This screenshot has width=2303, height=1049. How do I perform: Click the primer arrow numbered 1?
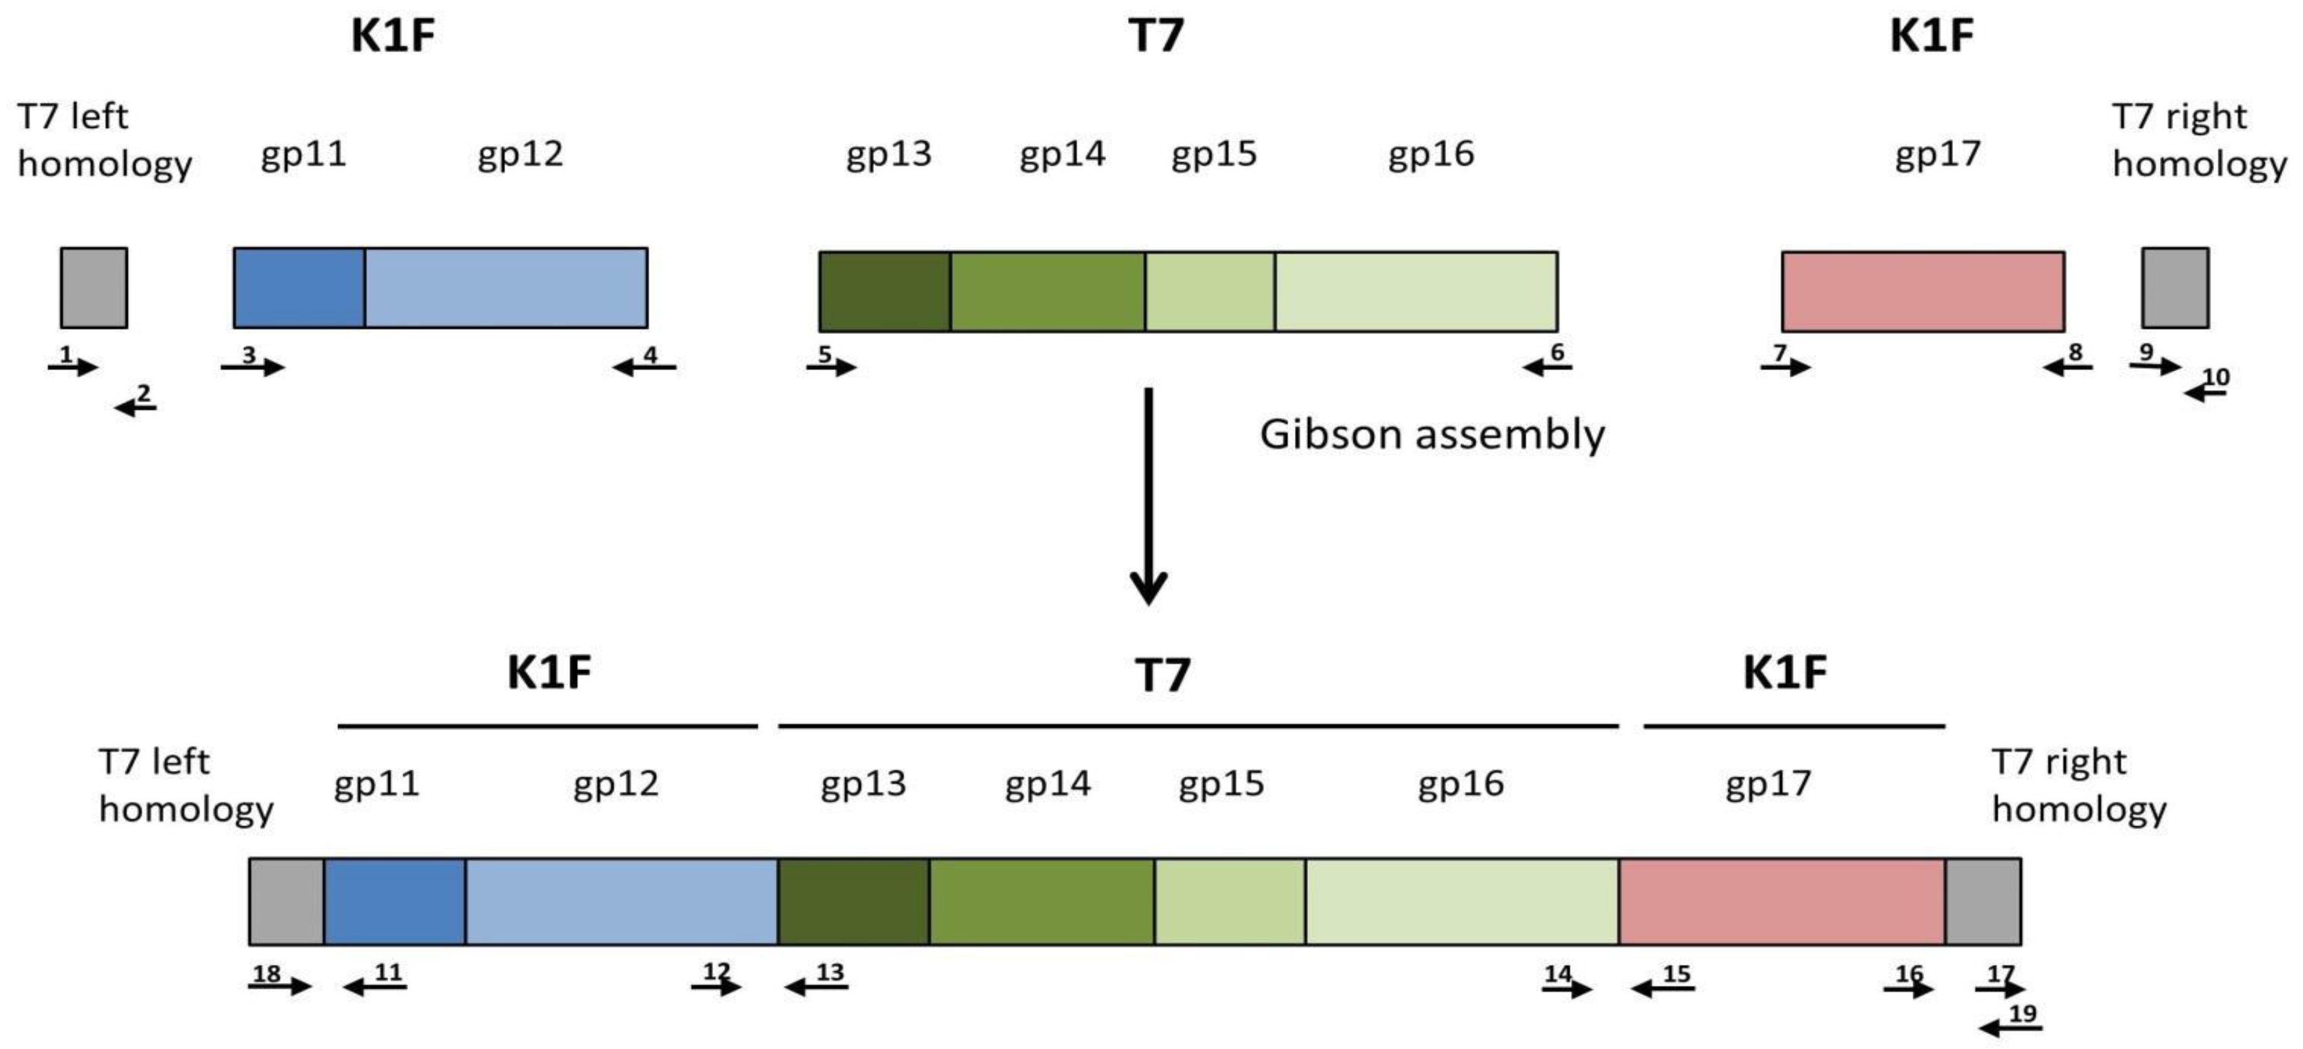[x=72, y=366]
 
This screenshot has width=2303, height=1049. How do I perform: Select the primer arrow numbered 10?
[x=2204, y=391]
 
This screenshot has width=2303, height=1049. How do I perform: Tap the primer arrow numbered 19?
[x=2011, y=1028]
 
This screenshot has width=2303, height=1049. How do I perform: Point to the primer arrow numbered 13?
[x=816, y=986]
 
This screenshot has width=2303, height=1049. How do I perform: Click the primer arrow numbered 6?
[x=1546, y=366]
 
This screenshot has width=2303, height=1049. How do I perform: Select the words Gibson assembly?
[x=1432, y=435]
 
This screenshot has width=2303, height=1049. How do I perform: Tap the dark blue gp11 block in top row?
[x=299, y=288]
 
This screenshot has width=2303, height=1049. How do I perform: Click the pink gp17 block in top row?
[x=1922, y=290]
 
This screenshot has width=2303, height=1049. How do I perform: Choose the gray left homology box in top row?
[x=94, y=288]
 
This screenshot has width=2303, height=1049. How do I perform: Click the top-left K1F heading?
[x=393, y=36]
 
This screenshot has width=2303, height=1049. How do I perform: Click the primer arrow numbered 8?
[x=2067, y=366]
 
